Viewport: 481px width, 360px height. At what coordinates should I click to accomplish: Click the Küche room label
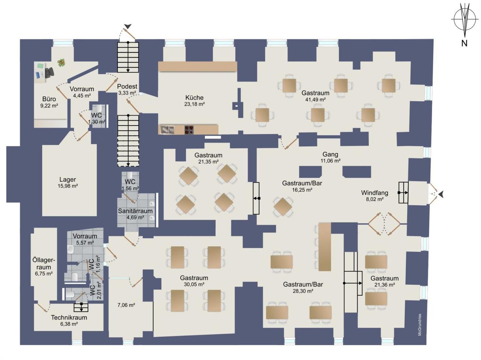[194, 98]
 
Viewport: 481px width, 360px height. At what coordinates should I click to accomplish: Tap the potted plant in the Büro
[62, 63]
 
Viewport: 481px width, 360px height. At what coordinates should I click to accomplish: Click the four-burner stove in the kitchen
[189, 130]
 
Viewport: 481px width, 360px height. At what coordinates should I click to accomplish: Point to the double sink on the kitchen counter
[167, 130]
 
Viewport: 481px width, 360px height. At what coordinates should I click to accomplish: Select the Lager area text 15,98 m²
[68, 186]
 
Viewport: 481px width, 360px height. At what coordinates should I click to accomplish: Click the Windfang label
[375, 193]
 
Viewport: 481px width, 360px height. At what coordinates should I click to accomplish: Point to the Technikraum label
[69, 318]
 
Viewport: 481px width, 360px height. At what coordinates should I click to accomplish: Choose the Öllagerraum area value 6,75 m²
[44, 274]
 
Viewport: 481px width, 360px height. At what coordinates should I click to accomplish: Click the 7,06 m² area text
[126, 305]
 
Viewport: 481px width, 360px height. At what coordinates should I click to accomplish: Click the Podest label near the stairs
[127, 86]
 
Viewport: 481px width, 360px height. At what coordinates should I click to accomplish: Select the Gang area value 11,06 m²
[330, 161]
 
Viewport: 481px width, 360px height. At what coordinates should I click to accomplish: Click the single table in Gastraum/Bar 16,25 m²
[283, 207]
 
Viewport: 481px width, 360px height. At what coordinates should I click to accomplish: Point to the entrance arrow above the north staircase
[128, 27]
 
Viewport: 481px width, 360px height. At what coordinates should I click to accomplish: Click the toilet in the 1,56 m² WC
[130, 175]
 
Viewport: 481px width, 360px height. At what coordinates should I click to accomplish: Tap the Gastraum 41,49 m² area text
[315, 99]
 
